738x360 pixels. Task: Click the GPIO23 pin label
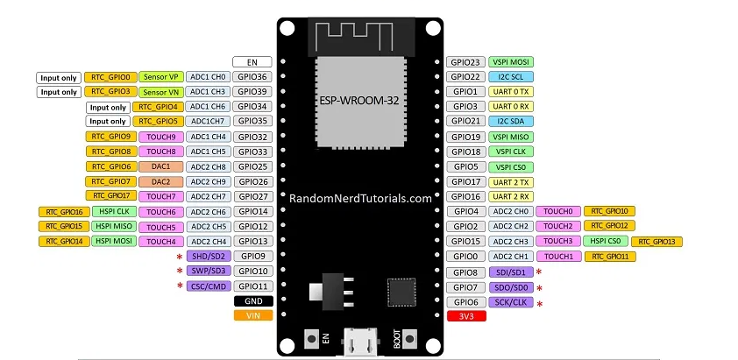(x=464, y=62)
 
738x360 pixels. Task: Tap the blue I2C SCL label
(x=510, y=77)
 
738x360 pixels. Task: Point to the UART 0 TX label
(x=510, y=91)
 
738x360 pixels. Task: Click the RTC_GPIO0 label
(x=110, y=77)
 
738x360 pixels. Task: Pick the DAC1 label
(x=160, y=166)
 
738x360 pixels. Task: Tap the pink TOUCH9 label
(x=160, y=137)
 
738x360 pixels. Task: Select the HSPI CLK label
(x=111, y=211)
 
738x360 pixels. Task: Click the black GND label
(x=253, y=300)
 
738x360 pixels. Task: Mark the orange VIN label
(x=253, y=315)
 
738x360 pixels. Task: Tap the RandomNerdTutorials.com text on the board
(x=360, y=198)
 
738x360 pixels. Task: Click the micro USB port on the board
(x=360, y=339)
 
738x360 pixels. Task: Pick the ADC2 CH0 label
(x=510, y=211)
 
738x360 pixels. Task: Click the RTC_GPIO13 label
(x=656, y=241)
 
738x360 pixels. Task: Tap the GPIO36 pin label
(x=253, y=77)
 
